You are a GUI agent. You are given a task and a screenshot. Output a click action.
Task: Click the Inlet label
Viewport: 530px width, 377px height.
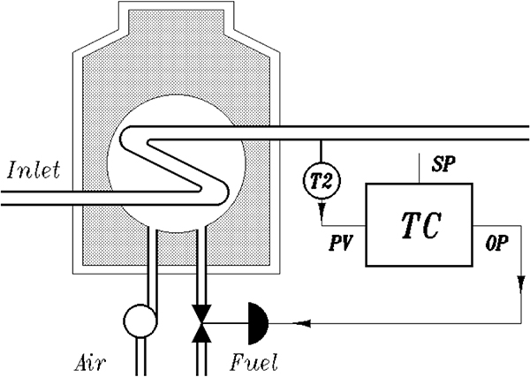34,170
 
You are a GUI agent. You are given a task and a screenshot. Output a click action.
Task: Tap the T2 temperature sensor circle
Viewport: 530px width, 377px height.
322,181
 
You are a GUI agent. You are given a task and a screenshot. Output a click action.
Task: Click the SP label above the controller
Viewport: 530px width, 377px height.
443,164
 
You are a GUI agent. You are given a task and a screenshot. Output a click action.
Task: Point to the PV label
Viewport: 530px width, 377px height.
341,243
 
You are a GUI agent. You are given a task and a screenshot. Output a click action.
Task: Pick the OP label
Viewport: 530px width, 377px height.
496,243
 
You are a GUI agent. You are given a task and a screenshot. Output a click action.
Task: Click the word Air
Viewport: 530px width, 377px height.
90,364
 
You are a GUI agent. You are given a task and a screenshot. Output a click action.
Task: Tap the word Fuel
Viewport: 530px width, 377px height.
254,362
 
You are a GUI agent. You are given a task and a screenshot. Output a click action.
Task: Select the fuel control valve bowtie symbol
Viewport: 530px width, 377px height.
201,324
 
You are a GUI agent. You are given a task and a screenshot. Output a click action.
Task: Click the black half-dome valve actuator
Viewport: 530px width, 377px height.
258,324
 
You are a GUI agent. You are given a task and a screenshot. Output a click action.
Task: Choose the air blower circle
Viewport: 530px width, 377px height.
140,320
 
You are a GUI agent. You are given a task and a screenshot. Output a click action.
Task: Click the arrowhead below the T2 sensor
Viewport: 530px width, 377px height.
322,208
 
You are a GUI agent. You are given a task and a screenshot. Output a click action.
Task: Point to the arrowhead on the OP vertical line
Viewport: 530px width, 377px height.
521,284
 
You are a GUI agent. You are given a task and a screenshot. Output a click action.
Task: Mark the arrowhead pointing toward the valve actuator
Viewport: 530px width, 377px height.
302,323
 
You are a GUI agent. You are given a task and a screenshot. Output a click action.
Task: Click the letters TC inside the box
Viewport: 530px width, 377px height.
421,225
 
